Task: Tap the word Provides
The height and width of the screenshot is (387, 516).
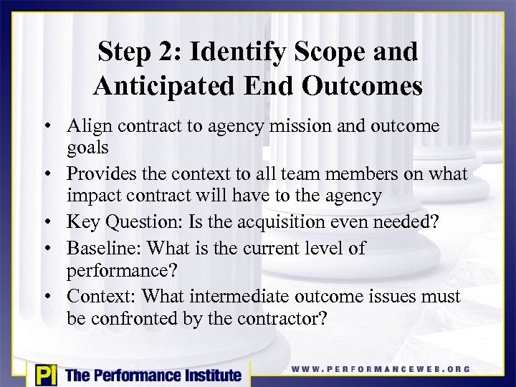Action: pyautogui.click(x=100, y=174)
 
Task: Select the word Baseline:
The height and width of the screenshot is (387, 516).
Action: pyautogui.click(x=101, y=249)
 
